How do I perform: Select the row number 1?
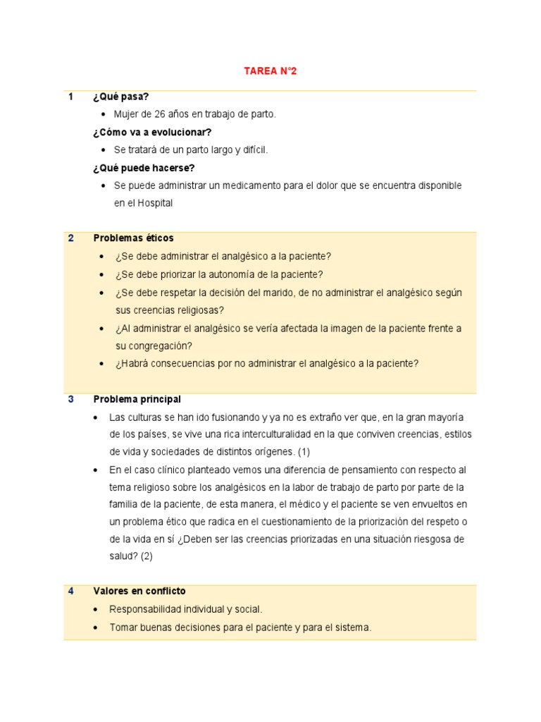(71, 97)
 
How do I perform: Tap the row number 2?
(71, 238)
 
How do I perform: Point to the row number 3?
(71, 399)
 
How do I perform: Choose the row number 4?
(71, 591)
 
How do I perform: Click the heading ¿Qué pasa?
(120, 97)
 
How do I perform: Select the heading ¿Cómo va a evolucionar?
(152, 132)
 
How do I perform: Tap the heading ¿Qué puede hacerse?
(144, 168)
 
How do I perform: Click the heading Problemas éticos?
(133, 238)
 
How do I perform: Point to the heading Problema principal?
(137, 399)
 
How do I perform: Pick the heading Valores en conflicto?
(139, 591)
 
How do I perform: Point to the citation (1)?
(304, 451)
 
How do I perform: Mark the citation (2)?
(146, 556)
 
